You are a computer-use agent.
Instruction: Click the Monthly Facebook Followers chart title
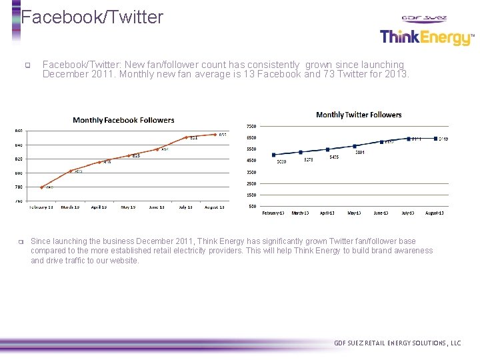pos(123,120)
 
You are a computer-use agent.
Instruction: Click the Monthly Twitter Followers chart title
pos(359,115)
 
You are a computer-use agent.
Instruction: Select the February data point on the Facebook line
pos(41,187)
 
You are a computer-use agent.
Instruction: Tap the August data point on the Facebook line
pos(215,135)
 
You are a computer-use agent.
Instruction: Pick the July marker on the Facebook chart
pos(186,138)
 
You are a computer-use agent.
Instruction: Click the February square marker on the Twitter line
pos(274,155)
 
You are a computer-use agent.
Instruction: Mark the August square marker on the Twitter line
pos(435,139)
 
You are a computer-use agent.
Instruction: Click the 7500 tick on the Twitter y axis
pos(251,126)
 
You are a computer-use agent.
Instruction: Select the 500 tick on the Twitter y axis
pos(252,206)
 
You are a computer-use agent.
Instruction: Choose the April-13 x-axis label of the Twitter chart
pos(327,213)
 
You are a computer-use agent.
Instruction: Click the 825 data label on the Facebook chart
pos(135,156)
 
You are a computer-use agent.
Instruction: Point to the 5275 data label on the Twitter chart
pos(308,160)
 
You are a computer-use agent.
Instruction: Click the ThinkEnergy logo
pos(425,37)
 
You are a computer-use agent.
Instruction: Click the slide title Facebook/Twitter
pos(92,17)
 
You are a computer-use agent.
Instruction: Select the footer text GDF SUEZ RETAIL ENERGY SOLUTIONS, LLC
pos(397,343)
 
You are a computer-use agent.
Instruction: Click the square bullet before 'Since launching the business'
pos(21,241)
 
